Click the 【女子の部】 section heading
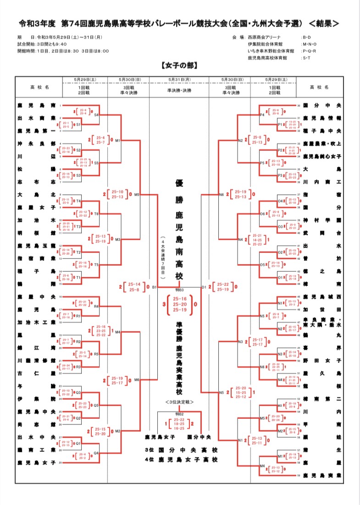(x=179, y=66)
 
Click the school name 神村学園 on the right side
(x=323, y=220)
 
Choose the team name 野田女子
(x=323, y=361)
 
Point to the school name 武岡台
(x=323, y=233)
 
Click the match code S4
(x=96, y=115)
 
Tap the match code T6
(x=96, y=214)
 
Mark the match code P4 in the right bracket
(x=262, y=115)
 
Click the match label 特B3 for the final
(x=179, y=291)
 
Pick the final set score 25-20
(x=179, y=303)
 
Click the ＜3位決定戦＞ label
(x=179, y=402)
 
